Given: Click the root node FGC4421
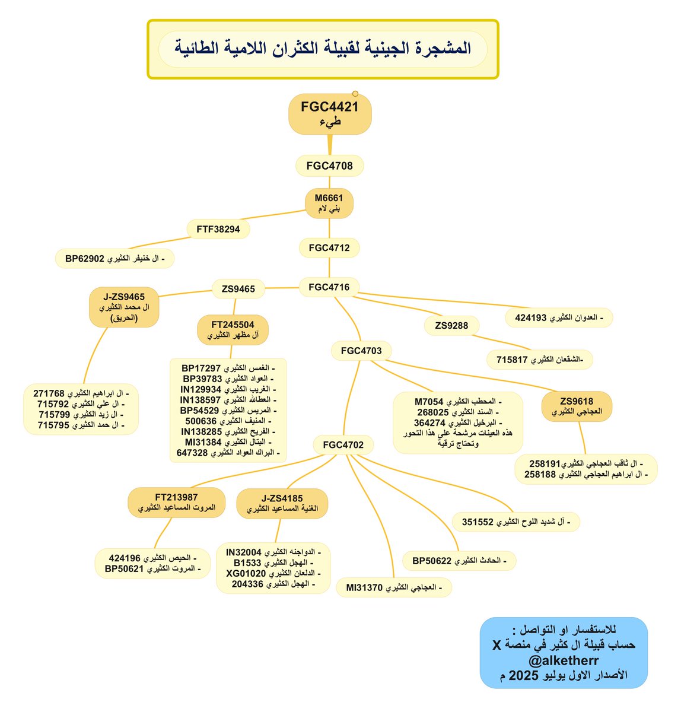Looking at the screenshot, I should click(330, 113).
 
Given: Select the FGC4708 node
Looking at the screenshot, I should click(329, 166).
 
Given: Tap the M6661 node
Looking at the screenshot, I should click(329, 204).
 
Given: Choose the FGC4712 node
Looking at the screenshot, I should click(329, 247).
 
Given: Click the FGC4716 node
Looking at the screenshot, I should click(329, 287).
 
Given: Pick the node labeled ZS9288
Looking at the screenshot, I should click(451, 325).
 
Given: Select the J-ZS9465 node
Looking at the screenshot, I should click(124, 307).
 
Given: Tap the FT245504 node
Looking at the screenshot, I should click(233, 330).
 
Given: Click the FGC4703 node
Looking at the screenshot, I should click(361, 351).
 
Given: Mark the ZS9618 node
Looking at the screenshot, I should click(576, 406).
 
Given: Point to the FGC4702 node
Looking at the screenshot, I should click(343, 444).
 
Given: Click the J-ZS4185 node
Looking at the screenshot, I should click(282, 503).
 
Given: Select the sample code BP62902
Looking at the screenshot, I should click(85, 259).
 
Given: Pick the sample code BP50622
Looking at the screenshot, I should click(432, 561).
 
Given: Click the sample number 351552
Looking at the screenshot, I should click(478, 522).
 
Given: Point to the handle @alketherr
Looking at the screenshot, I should click(563, 660).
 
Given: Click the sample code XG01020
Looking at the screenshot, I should click(246, 574).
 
